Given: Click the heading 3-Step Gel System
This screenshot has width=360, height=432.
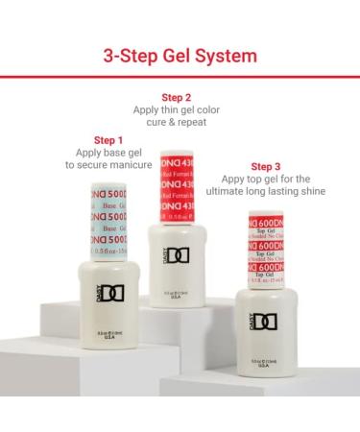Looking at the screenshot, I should pyautogui.click(x=180, y=55).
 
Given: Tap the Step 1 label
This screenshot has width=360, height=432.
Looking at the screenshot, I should pyautogui.click(x=108, y=140).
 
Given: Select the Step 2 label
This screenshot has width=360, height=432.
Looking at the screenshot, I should pyautogui.click(x=177, y=97).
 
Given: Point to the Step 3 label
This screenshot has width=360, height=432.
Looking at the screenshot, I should pyautogui.click(x=266, y=166).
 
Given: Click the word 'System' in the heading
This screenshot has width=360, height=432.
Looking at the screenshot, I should pyautogui.click(x=225, y=55).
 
